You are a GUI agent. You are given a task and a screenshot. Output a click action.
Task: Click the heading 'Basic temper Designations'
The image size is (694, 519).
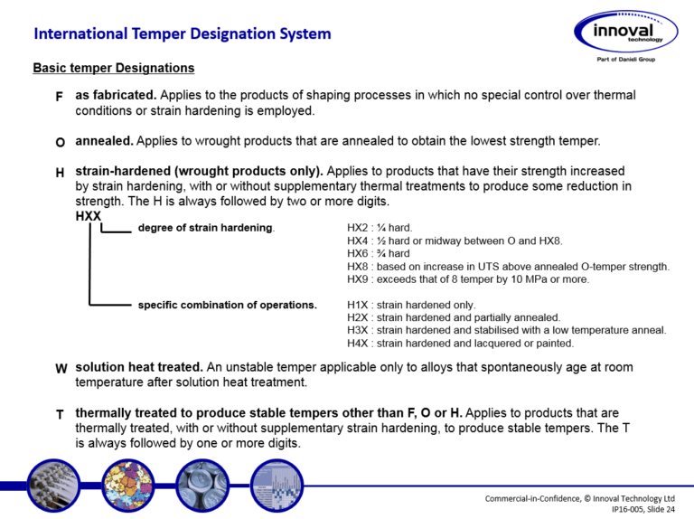point(113,68)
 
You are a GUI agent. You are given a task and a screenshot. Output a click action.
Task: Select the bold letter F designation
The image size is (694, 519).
point(59,96)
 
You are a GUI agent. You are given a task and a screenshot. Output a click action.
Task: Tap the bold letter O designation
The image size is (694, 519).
point(60,143)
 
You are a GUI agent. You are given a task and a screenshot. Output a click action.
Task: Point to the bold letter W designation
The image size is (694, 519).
point(61,369)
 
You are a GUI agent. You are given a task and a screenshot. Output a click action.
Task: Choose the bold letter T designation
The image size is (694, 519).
point(59,414)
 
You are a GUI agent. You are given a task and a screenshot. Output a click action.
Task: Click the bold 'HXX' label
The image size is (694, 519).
point(89,216)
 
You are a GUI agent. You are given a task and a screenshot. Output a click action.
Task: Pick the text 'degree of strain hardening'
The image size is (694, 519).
point(205,228)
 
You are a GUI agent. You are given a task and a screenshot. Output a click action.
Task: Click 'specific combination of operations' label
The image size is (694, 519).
point(227,305)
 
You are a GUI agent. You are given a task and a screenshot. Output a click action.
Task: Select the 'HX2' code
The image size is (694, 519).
point(359,229)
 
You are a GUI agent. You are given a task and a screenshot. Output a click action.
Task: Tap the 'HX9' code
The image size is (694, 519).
point(359,279)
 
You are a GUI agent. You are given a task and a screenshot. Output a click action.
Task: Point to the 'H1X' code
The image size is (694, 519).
point(359,306)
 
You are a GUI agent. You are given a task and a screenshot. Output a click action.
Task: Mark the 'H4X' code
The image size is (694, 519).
point(359,344)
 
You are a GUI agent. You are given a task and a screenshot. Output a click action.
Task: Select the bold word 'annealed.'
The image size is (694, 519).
point(105,142)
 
